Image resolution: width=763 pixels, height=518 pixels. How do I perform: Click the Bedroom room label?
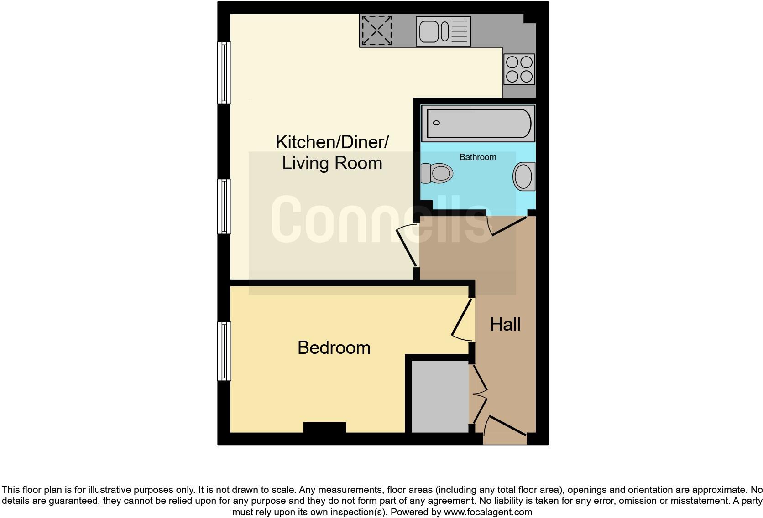click(x=334, y=348)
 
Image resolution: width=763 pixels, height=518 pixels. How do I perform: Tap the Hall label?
click(x=505, y=325)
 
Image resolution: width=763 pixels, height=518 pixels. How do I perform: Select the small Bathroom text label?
click(x=477, y=157)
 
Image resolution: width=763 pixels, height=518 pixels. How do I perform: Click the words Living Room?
click(x=332, y=163)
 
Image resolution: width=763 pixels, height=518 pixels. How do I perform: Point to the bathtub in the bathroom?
click(x=477, y=123)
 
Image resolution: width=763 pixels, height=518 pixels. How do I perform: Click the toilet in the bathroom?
click(x=437, y=173)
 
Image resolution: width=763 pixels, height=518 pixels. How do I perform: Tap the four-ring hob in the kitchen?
click(x=519, y=69)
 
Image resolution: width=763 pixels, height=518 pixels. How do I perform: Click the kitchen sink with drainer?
click(x=443, y=31)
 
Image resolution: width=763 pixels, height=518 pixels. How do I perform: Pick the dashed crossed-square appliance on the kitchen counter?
click(x=376, y=31)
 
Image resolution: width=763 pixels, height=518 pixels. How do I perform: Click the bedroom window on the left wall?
click(x=224, y=351)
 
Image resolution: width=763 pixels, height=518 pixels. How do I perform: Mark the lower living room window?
click(x=224, y=206)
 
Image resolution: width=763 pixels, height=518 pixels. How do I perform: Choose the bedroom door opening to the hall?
click(x=463, y=319)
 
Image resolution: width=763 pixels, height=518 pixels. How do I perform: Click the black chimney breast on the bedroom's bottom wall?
click(x=324, y=428)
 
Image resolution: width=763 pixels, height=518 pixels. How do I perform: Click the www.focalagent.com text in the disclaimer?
click(x=487, y=512)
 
